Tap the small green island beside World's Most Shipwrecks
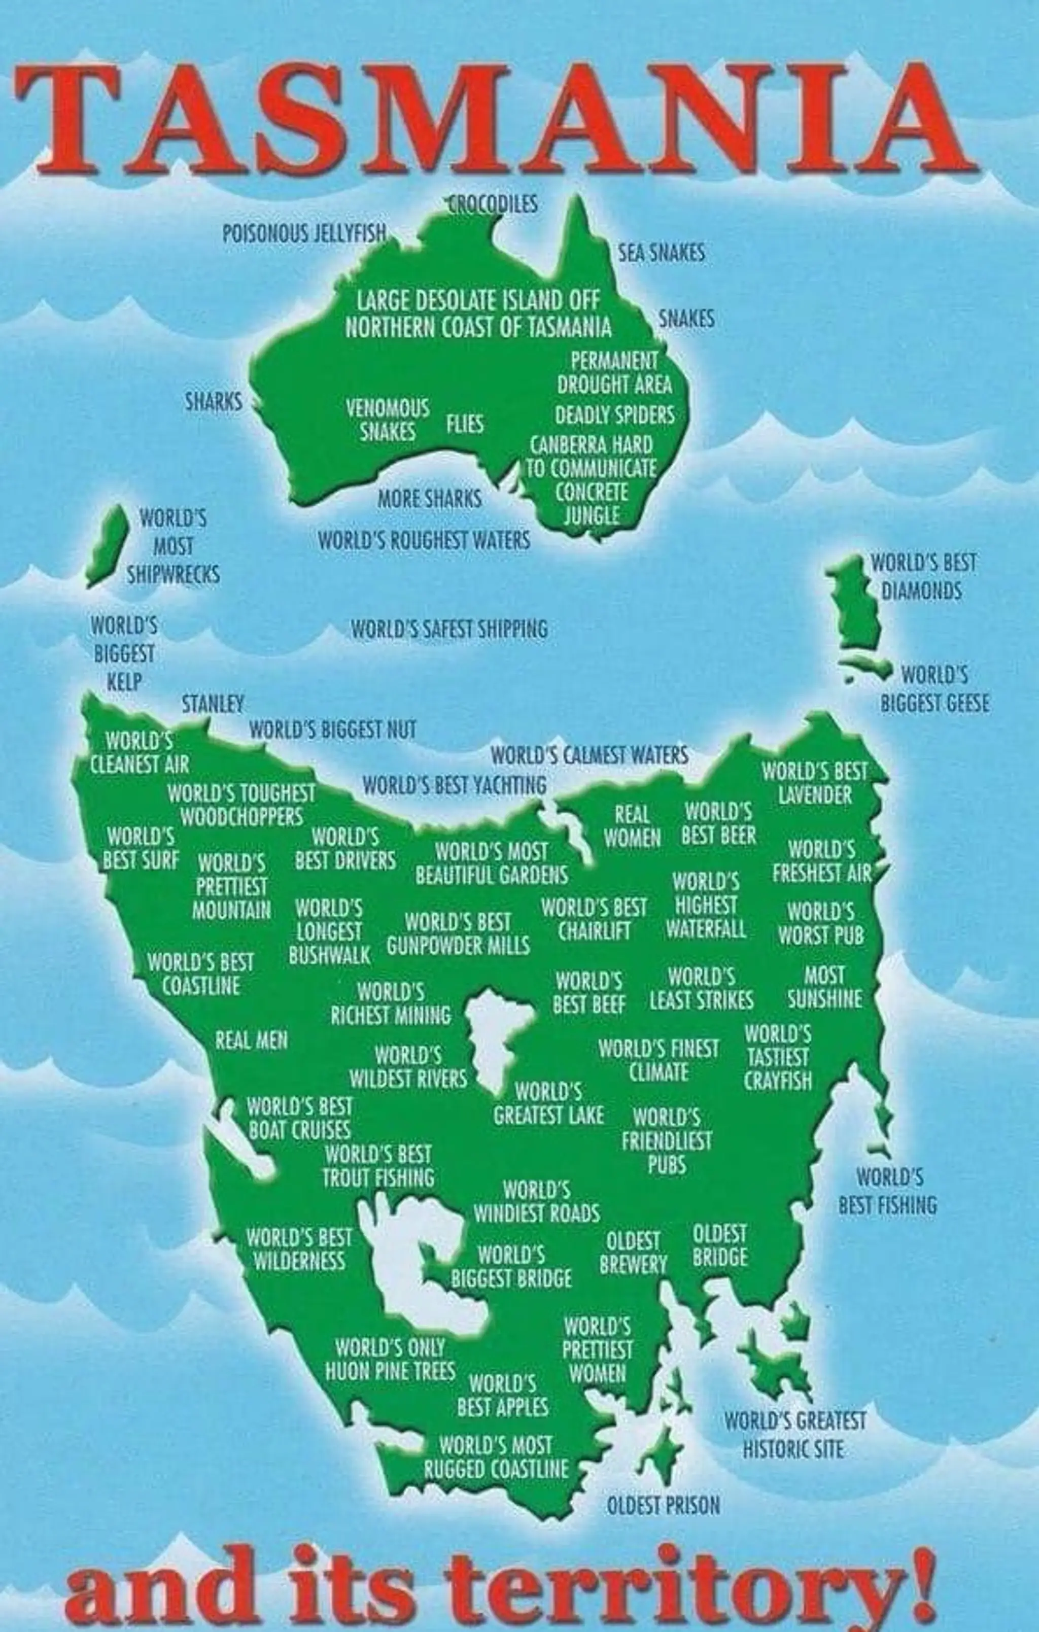pos(108,545)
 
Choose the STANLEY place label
pos(213,705)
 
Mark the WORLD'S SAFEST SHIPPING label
pos(449,629)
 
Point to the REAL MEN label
pos(252,1040)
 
